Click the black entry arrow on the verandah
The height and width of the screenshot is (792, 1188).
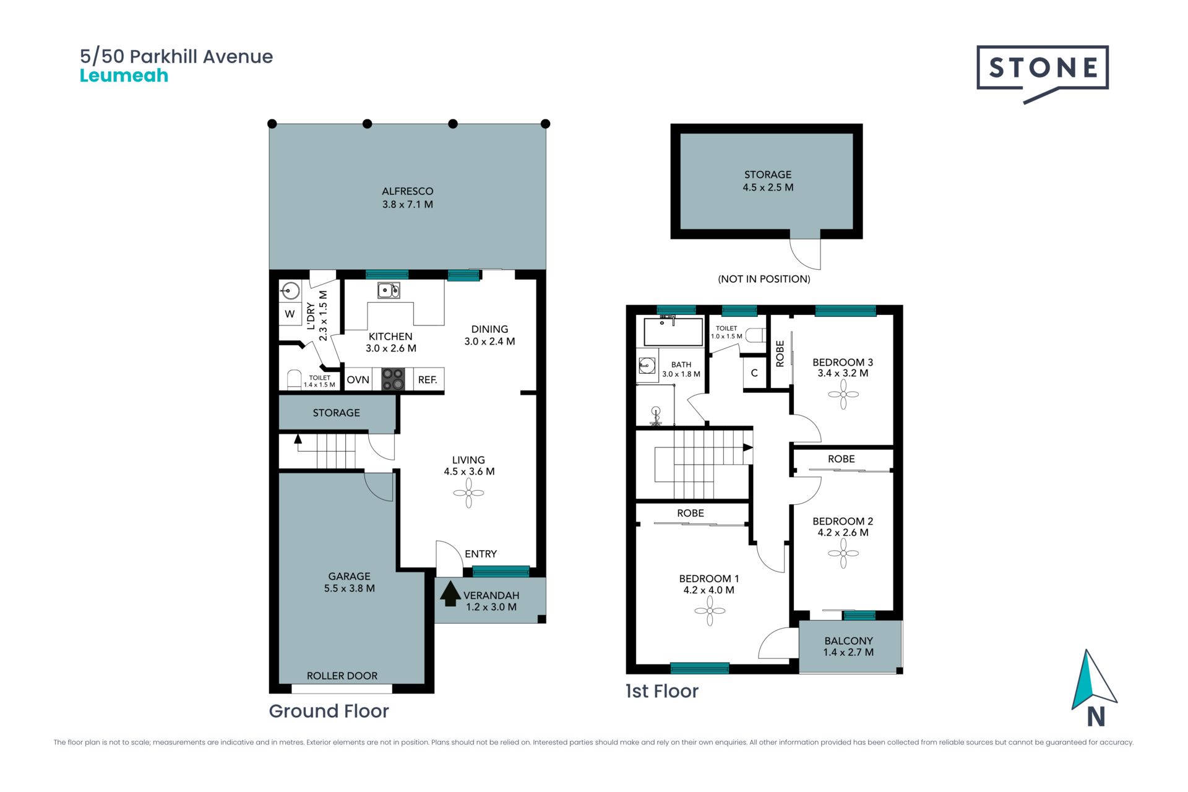pyautogui.click(x=450, y=593)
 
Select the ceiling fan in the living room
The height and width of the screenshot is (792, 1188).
pyautogui.click(x=468, y=494)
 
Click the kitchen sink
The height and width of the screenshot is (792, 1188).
pyautogui.click(x=389, y=290)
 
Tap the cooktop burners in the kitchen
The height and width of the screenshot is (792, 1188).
pyautogui.click(x=393, y=379)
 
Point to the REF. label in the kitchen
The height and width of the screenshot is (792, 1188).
pyautogui.click(x=428, y=380)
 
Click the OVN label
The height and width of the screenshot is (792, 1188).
pyautogui.click(x=358, y=380)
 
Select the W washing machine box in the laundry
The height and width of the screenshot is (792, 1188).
pyautogui.click(x=290, y=314)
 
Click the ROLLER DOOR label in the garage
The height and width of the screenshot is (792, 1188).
pyautogui.click(x=342, y=676)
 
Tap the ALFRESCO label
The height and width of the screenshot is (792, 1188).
pyautogui.click(x=408, y=191)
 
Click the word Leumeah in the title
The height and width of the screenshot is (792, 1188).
pyautogui.click(x=124, y=75)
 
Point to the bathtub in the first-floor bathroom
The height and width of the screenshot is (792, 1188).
pyautogui.click(x=673, y=332)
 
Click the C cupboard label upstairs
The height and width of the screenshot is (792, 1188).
pyautogui.click(x=754, y=373)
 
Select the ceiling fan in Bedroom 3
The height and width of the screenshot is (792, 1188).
pyautogui.click(x=843, y=394)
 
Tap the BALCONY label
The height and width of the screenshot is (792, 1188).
pyautogui.click(x=848, y=641)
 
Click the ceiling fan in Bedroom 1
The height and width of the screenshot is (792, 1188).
pyautogui.click(x=710, y=611)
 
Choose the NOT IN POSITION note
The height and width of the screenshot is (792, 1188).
pyautogui.click(x=764, y=279)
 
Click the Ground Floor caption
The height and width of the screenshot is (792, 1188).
pyautogui.click(x=329, y=711)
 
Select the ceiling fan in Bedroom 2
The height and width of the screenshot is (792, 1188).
pyautogui.click(x=843, y=553)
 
